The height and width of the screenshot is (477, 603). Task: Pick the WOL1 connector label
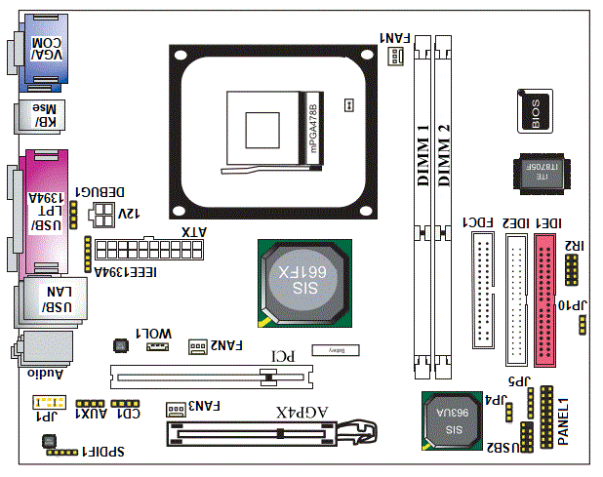(153, 334)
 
